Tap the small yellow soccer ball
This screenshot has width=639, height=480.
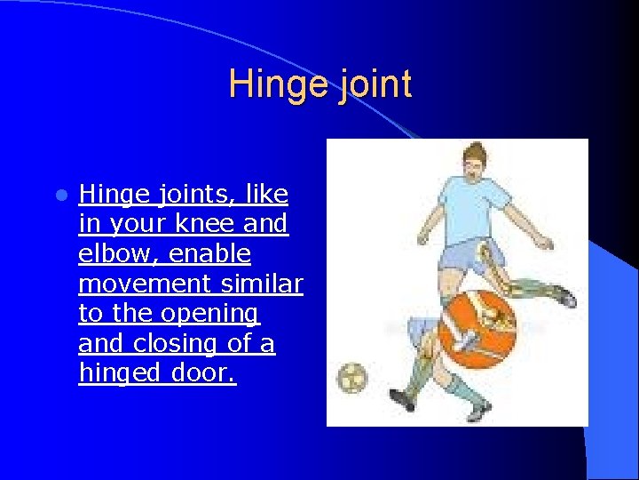click(352, 377)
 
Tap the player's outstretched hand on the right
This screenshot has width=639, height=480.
click(548, 243)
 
